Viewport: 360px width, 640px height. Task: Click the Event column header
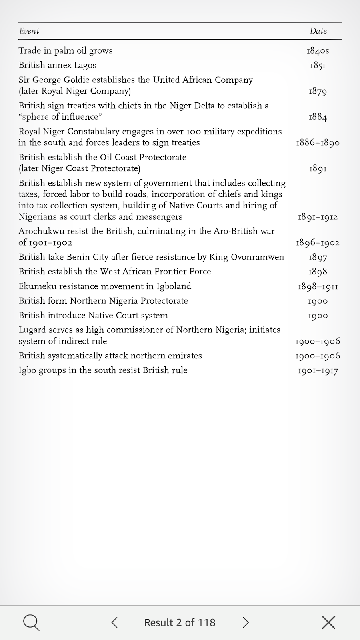tap(29, 31)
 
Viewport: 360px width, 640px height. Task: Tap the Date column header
tap(318, 31)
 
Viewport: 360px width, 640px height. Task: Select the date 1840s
tap(318, 51)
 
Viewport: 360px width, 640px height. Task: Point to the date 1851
tap(318, 65)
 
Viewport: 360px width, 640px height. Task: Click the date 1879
tap(318, 91)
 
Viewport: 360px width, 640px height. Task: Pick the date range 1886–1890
tap(318, 143)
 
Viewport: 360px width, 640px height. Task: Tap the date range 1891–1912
tap(318, 217)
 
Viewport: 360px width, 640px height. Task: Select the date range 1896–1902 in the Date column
tap(318, 243)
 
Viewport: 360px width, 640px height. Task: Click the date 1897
tap(318, 257)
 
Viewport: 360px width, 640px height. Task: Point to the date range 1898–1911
tap(318, 286)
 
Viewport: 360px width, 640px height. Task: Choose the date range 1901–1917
tap(318, 370)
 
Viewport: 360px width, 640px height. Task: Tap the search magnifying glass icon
tap(31, 622)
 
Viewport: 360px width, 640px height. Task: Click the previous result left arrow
tap(114, 622)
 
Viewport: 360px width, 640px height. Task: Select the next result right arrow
tap(246, 622)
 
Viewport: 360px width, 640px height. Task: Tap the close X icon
tap(328, 622)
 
